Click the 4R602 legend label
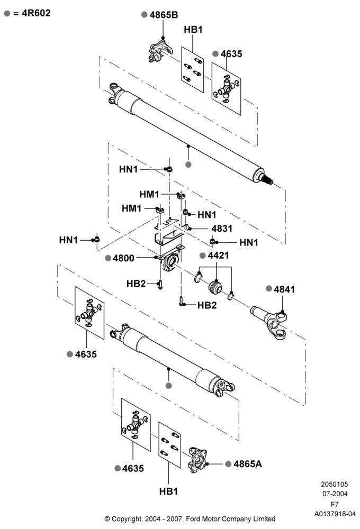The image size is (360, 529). (36, 13)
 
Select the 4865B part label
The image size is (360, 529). (164, 15)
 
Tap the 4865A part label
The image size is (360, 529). (248, 464)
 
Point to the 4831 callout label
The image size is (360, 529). (222, 229)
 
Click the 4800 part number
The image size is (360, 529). (123, 258)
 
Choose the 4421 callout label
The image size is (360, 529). (219, 256)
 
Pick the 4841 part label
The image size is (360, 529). (284, 289)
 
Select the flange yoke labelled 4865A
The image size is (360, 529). (197, 460)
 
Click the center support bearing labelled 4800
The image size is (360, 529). (172, 260)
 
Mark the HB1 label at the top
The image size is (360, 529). (193, 30)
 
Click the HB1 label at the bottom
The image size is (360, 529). (168, 491)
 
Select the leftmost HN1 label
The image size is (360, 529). (68, 240)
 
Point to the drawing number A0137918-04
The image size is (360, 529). (335, 514)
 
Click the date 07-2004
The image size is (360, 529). (335, 494)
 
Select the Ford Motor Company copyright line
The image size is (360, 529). (190, 519)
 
